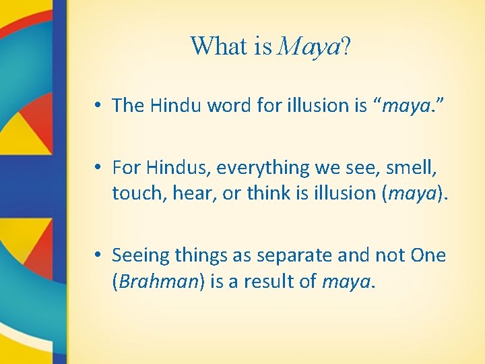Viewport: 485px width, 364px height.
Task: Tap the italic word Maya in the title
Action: pyautogui.click(x=308, y=47)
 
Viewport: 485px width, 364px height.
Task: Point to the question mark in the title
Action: pyautogui.click(x=345, y=46)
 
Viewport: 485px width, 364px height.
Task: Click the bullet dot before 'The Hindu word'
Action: pyautogui.click(x=98, y=105)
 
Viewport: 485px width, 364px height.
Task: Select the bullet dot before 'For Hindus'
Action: pyautogui.click(x=98, y=167)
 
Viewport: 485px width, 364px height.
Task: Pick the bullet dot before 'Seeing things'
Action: pyautogui.click(x=98, y=256)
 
